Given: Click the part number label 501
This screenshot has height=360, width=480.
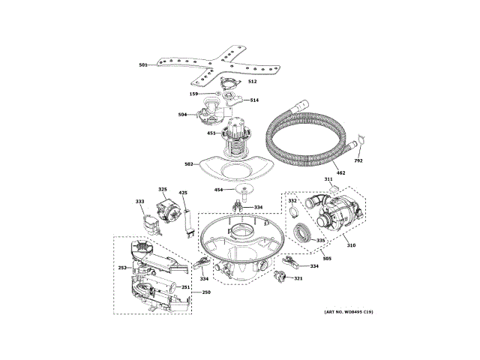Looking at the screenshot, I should (142, 66).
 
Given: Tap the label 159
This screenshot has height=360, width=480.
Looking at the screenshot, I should (193, 94).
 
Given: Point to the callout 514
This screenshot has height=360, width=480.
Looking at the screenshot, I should (254, 100).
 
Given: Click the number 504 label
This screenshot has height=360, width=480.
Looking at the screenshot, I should (182, 115).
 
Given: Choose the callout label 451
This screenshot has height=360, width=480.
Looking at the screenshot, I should (211, 133).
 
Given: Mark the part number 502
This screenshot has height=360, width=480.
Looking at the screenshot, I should (189, 163).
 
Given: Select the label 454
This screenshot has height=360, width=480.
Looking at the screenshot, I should (219, 190).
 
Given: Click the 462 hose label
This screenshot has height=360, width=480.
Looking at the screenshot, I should (340, 173).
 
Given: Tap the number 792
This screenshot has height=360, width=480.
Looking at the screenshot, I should (358, 160).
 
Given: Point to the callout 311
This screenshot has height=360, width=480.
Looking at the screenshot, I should (328, 178).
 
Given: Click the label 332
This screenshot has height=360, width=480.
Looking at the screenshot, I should (292, 201).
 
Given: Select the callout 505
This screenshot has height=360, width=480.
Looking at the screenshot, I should (326, 259).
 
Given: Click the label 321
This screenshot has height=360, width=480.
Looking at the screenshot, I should (298, 279).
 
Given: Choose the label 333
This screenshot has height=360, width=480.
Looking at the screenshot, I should (140, 202).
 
